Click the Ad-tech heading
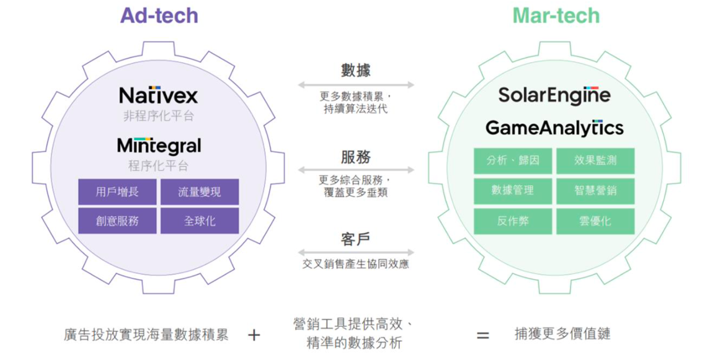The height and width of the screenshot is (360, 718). point(159,15)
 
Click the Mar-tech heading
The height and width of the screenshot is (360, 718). point(556,15)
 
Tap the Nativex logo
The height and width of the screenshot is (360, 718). point(159,95)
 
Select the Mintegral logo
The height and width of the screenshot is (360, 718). point(159,146)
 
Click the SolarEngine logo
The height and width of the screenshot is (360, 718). point(554,95)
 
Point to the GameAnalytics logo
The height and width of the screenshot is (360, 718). point(554,128)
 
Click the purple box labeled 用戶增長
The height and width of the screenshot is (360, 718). point(117,192)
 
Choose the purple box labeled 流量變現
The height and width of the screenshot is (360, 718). point(200,192)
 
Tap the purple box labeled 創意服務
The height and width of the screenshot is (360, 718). point(117,221)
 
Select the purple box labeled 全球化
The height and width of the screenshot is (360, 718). point(200,221)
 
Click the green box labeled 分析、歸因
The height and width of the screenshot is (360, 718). point(513,160)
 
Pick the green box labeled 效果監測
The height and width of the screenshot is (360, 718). point(595,160)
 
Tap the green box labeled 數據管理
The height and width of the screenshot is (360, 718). point(513,191)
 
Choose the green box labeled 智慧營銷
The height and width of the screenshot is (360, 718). point(595,191)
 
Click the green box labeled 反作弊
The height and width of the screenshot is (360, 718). point(513,221)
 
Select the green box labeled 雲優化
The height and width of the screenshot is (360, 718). point(595,221)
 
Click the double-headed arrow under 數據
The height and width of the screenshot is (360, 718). point(356,85)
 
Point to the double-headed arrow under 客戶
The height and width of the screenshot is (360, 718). point(356,253)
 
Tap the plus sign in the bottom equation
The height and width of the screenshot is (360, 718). point(254,335)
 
